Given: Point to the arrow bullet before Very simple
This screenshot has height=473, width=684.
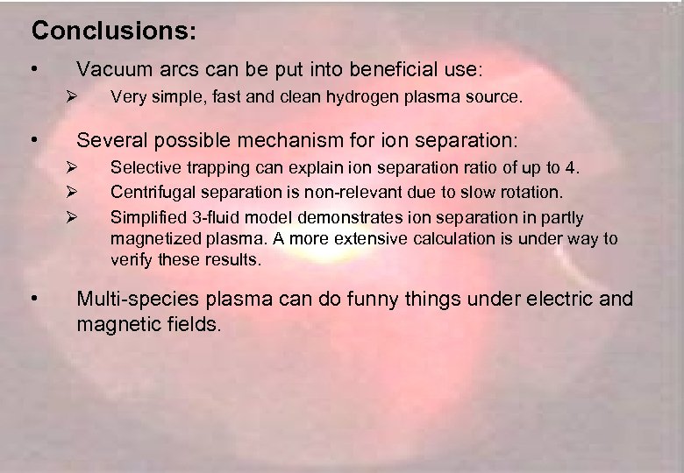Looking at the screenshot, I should point(74,98).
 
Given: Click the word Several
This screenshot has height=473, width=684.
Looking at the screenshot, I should point(110,140).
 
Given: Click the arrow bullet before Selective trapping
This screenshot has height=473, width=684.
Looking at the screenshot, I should point(74,167).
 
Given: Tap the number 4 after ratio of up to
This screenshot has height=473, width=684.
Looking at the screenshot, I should point(574,167).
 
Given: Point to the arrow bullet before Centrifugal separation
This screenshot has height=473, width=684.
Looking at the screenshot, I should point(74,191).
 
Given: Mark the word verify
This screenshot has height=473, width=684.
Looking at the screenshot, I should point(131,260).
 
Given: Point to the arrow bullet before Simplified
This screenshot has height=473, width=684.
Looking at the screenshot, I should point(74,216).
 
